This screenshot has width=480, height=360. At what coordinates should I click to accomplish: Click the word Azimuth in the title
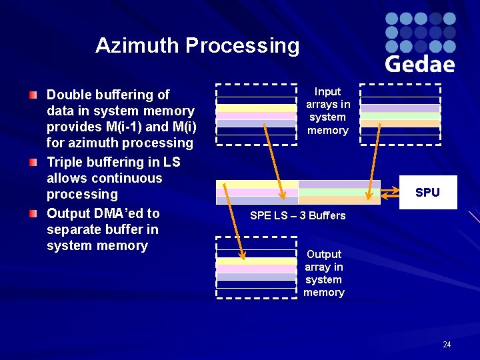pos(138,45)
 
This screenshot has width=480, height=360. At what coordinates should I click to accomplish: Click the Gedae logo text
pos(420,63)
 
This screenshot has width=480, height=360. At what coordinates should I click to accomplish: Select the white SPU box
pos(427,193)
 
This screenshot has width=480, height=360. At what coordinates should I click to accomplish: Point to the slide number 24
pos(447,345)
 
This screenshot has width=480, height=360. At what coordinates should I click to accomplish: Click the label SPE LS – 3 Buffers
pos(297,215)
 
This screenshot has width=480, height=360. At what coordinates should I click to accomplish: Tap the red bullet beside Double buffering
pos(33,95)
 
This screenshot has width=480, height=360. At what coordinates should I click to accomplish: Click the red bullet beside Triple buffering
pos(33,163)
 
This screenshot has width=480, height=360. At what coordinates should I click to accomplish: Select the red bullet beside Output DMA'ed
pos(33,213)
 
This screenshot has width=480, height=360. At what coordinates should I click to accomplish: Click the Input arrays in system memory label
pos(327,111)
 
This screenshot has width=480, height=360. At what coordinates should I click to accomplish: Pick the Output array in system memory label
pos(324,273)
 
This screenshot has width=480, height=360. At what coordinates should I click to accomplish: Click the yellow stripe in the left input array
pos(256,108)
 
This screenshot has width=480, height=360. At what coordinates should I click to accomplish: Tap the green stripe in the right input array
pos(400,116)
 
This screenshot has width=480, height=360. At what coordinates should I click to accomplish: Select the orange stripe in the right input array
pos(400,123)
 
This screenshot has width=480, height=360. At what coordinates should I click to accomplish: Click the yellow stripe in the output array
pos(256,261)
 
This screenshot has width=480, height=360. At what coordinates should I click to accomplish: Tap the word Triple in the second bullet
pos(65,162)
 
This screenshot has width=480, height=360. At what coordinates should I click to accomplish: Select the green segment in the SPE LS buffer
pos(339,192)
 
